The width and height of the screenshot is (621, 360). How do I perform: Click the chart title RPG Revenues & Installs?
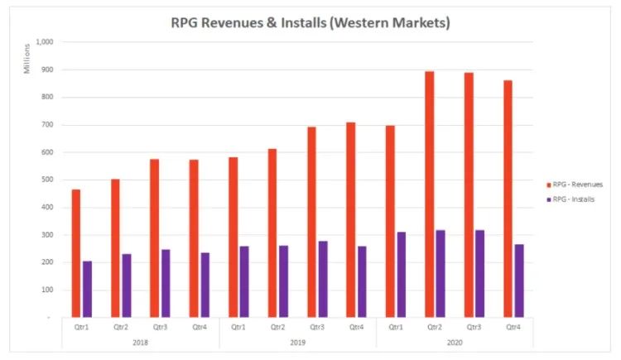310,23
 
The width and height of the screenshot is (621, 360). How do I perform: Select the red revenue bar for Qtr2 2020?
430,194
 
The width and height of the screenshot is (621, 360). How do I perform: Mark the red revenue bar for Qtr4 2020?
508,199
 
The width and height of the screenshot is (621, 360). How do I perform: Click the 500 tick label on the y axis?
46,180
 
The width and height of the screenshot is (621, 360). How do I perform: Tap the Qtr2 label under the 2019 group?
278,327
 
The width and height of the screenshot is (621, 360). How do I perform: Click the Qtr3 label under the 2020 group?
474,327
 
